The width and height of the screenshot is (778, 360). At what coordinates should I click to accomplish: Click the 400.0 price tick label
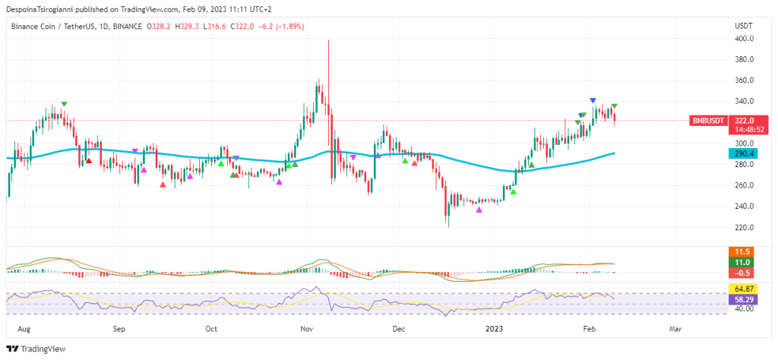[x=744, y=38]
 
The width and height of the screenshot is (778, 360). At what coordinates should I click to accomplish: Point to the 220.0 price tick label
[x=744, y=227]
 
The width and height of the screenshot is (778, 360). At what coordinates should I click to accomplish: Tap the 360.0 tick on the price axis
[x=744, y=81]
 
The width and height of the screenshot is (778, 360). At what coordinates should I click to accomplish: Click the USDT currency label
[x=743, y=26]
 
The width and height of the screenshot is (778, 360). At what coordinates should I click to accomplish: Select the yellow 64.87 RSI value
[x=744, y=289]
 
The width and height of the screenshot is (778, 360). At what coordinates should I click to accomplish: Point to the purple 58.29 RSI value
[x=744, y=300]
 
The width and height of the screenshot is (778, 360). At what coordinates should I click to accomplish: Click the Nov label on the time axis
[x=307, y=330]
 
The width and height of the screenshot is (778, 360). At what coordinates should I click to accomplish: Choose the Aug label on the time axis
[x=24, y=330]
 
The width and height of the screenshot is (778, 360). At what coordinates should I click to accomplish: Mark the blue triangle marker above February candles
[x=593, y=100]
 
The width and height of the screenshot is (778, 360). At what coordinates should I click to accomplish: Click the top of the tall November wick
[x=328, y=41]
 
